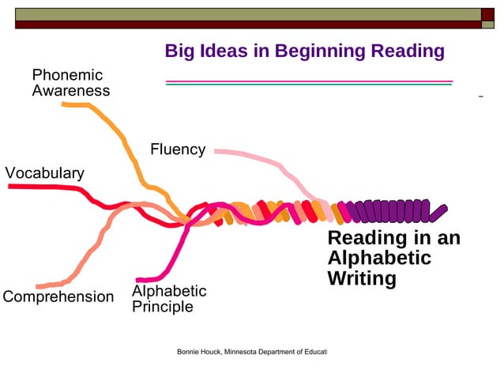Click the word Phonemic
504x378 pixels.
pos(67,75)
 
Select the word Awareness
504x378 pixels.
pos(70,91)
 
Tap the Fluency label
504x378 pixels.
pos(178,149)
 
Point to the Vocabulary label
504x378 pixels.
pos(44,173)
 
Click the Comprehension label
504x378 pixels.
pos(58,297)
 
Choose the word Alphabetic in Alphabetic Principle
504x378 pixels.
pos(169,292)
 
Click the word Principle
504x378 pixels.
pos(162,307)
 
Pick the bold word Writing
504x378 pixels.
pos(362,278)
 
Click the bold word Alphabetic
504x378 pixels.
pos(379,259)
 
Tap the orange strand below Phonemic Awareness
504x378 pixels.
pos(118,134)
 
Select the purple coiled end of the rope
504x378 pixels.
pos(395,212)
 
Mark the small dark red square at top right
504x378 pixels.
pos(488,13)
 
